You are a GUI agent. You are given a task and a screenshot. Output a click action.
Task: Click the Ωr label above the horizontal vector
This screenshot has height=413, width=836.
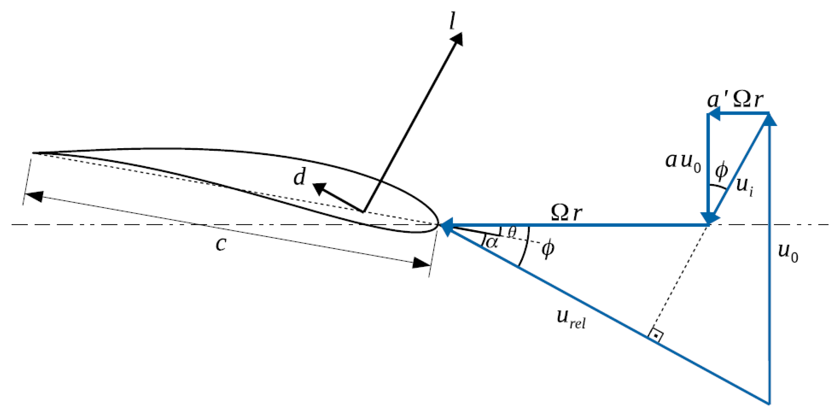(x=566, y=213)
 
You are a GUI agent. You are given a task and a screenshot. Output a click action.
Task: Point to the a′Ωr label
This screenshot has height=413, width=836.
(x=735, y=100)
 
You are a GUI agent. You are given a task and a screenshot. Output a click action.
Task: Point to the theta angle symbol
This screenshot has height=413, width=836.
(x=512, y=232)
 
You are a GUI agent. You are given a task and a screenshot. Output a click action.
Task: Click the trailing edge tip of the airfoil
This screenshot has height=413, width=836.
(x=33, y=152)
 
